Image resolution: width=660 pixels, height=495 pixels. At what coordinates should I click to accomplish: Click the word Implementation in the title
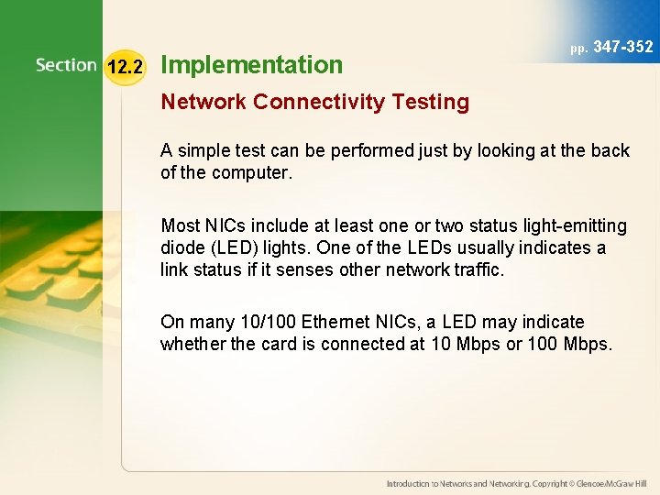coord(251,65)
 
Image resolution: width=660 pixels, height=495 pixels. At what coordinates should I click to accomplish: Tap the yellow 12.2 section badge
coord(124,66)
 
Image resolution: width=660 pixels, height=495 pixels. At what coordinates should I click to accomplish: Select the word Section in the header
coord(66,65)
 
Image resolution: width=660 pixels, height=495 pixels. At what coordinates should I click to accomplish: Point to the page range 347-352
coord(623,47)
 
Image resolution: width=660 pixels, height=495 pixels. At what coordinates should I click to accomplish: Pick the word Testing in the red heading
coord(434,103)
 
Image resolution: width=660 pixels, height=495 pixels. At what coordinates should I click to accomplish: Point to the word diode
coord(181,247)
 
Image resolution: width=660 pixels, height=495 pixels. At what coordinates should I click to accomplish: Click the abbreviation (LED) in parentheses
coord(237,247)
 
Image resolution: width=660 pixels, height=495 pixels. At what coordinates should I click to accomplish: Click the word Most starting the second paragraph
coord(180,225)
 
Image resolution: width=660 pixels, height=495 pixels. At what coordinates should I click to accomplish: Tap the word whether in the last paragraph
coord(192,344)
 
